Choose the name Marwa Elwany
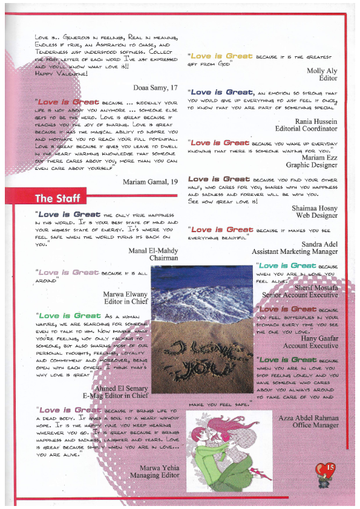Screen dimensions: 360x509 [x=126, y=296]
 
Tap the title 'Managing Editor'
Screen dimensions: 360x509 [x=154, y=475]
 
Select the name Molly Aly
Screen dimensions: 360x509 [x=322, y=70]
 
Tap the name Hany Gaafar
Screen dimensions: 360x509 [x=319, y=338]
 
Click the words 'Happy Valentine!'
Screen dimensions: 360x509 [x=61, y=73]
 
